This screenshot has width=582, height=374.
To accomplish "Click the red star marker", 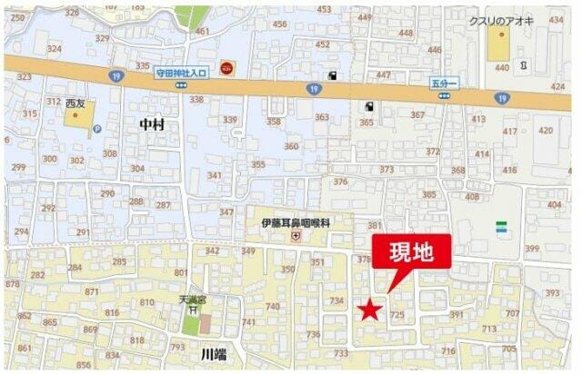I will [x=369, y=311].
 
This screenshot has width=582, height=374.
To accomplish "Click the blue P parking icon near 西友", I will [x=96, y=129].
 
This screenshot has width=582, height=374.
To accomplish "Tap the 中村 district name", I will [x=153, y=123].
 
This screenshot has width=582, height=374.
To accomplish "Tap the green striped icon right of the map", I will [x=502, y=228].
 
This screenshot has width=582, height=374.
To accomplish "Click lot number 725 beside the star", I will [x=397, y=314].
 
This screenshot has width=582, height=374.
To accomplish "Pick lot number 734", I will [x=336, y=300].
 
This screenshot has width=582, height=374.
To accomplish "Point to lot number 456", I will [x=279, y=25].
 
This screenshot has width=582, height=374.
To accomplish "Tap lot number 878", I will [x=12, y=283].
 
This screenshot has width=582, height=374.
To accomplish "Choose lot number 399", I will [x=533, y=248].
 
